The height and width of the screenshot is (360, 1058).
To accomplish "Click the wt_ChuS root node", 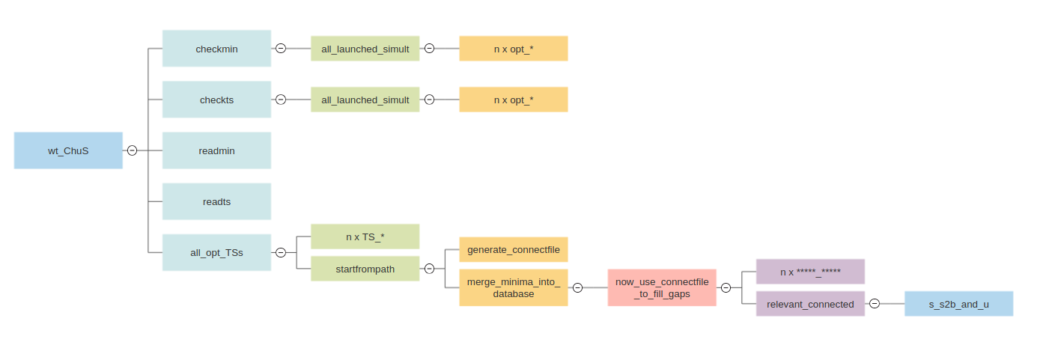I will (68, 150).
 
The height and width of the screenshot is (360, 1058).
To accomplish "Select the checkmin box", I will (216, 49).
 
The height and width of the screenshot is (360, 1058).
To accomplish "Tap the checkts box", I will (216, 100).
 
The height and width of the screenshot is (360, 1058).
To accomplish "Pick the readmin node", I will (216, 150).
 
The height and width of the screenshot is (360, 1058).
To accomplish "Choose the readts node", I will (216, 201).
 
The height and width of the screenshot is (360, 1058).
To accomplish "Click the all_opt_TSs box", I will (216, 252).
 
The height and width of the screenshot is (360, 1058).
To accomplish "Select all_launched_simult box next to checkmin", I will (365, 49).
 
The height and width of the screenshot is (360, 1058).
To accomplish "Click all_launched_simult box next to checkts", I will (365, 100).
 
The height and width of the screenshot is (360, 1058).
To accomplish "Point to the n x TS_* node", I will (365, 237).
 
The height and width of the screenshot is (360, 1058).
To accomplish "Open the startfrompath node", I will (365, 269).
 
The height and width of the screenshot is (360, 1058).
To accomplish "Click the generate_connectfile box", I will (513, 249).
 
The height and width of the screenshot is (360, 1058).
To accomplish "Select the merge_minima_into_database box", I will (513, 287).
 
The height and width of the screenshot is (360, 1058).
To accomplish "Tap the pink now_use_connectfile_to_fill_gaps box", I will (661, 287).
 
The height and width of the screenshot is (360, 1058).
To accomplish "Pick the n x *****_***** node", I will (810, 272).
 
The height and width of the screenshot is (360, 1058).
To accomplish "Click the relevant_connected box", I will (810, 304).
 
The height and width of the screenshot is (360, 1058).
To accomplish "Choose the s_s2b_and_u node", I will (958, 304).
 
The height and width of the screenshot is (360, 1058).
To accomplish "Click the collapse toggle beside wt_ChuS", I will (132, 150).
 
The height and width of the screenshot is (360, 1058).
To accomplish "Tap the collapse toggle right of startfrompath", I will (429, 269).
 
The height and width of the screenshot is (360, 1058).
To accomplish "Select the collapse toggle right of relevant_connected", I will (875, 304).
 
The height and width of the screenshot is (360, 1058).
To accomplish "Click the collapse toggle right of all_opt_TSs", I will (281, 252).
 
